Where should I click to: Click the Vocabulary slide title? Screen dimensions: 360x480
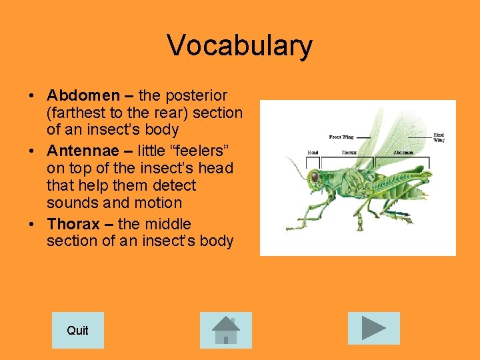pyautogui.click(x=239, y=45)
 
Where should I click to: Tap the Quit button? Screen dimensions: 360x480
pyautogui.click(x=77, y=330)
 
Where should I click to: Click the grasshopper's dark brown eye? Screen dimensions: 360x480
pyautogui.click(x=314, y=177)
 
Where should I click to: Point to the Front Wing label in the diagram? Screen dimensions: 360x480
pyautogui.click(x=341, y=137)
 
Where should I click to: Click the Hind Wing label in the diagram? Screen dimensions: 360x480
pyautogui.click(x=439, y=137)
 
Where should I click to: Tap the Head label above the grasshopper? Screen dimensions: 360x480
pyautogui.click(x=313, y=153)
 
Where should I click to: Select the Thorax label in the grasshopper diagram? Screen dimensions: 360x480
pyautogui.click(x=349, y=153)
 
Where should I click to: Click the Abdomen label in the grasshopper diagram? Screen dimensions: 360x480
pyautogui.click(x=403, y=153)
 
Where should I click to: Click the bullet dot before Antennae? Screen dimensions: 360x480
pyautogui.click(x=32, y=151)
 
